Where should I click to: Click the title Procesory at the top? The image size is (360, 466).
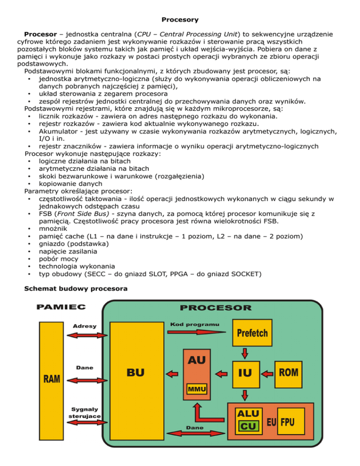[x=180, y=20]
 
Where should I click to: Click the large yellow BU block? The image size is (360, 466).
[x=136, y=373]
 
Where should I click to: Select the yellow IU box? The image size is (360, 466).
[x=245, y=374]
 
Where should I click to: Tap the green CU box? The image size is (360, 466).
[x=248, y=426]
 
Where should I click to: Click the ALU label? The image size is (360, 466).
[x=248, y=413]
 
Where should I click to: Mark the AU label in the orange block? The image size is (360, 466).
[x=197, y=360]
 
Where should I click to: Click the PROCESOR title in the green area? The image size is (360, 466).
[x=215, y=308]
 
